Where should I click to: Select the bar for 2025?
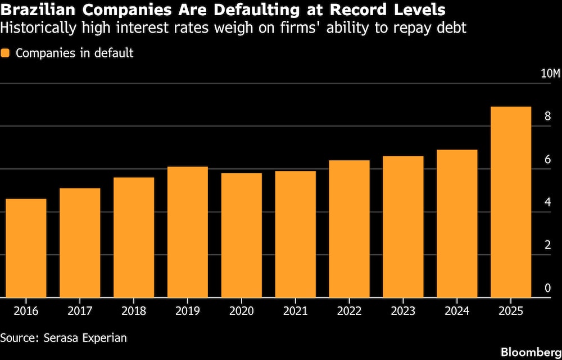pos(511,202)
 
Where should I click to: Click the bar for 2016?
pos(26,248)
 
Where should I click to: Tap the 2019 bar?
pos(188,232)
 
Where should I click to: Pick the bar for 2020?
pos(242,235)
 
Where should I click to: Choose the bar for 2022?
pos(349,229)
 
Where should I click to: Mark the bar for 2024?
pos(457,223)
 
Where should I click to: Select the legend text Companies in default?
pos(75,53)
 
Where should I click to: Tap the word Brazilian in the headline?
pos(34,10)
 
